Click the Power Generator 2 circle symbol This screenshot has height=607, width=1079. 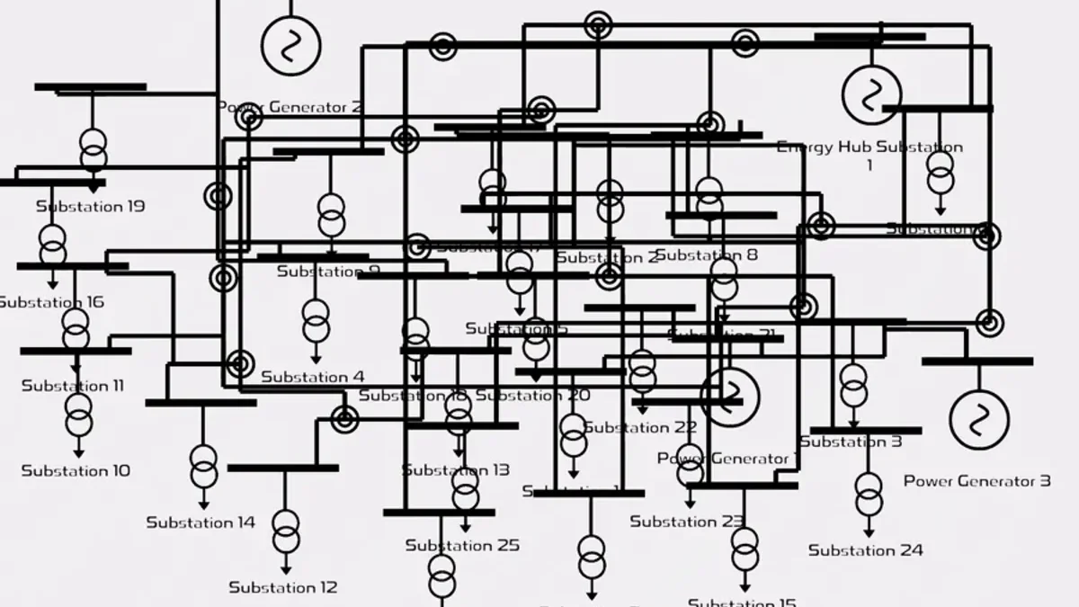tap(290, 45)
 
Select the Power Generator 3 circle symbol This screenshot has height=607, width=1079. tap(979, 419)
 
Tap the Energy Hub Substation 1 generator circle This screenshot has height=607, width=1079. tap(871, 94)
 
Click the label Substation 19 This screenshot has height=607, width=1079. tap(90, 206)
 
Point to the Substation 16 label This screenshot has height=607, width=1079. tap(51, 302)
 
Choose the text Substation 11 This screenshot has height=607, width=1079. tap(73, 386)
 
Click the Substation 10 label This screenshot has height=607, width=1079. tap(76, 470)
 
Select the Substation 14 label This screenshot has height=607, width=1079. tap(201, 522)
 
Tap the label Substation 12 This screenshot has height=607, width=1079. tap(282, 587)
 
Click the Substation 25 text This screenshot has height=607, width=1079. tap(462, 545)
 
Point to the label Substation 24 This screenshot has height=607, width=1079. tap(865, 550)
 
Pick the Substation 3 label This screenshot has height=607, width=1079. tap(851, 442)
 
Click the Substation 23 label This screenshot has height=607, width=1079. tap(687, 522)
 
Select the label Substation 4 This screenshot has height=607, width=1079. tap(313, 377)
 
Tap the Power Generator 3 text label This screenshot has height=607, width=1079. tap(976, 481)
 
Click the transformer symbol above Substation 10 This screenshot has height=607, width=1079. tap(78, 415)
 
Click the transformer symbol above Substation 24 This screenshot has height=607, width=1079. tap(869, 494)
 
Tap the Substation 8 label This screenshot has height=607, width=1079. tap(707, 255)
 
